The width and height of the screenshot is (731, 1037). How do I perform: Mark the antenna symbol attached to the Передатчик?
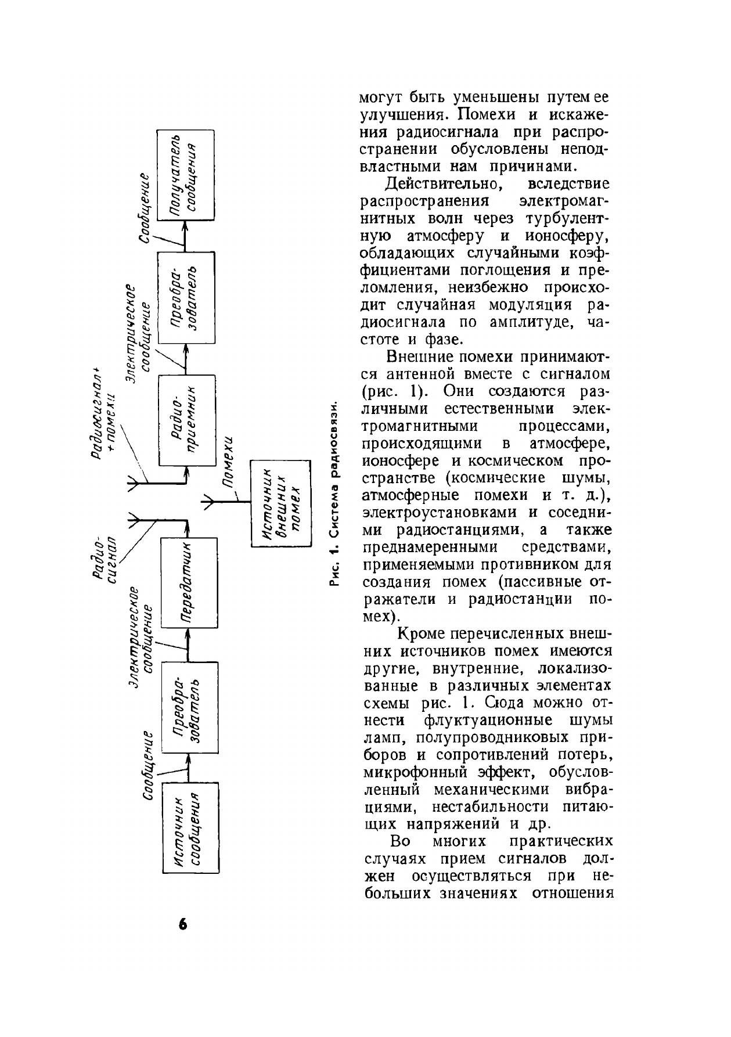click(135, 520)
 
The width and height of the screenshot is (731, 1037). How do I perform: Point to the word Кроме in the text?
click(422, 633)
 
